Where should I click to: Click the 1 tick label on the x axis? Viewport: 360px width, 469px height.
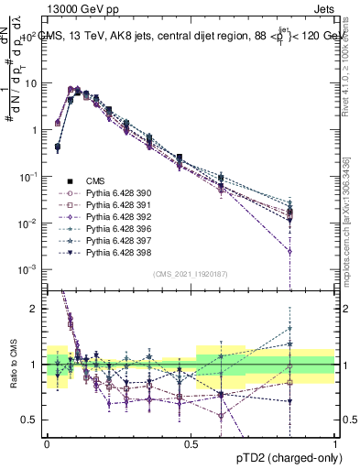pos(334,443)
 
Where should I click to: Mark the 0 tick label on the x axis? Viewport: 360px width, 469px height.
pos(46,443)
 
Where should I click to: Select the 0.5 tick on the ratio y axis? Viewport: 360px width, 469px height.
pos(30,420)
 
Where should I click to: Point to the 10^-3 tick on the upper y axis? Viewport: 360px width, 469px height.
pos(27,269)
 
